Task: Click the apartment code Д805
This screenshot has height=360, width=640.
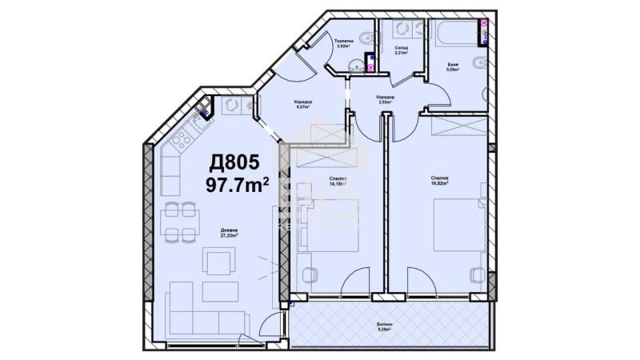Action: tap(234, 162)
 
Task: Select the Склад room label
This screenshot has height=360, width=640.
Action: tap(401, 51)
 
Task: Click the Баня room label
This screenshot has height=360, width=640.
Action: tap(453, 66)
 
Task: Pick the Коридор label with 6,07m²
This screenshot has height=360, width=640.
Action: tap(302, 103)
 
